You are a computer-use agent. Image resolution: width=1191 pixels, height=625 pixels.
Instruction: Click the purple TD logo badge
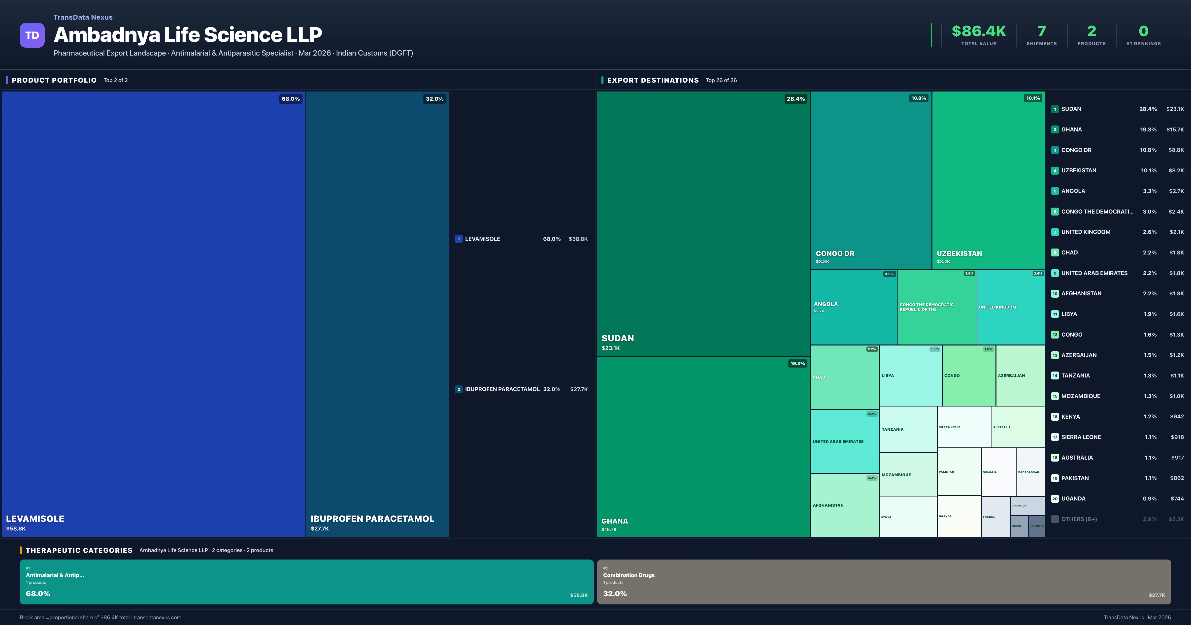32,35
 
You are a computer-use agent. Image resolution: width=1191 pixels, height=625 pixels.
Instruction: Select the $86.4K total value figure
978,31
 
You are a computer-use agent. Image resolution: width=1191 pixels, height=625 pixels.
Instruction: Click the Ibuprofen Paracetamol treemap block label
372,519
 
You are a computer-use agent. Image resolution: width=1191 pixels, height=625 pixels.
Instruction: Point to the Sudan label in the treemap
617,338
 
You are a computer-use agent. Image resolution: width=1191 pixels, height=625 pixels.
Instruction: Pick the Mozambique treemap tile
908,475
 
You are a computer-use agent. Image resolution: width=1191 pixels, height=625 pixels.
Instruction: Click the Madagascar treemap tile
1030,472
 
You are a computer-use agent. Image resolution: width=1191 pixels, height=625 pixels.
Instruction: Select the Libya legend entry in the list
1069,314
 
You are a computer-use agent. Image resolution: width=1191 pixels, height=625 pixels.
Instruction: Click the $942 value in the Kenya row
1177,416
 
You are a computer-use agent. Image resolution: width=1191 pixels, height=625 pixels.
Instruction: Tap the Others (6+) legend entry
1079,519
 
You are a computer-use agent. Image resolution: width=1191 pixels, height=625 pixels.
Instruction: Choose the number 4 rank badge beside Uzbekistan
1055,171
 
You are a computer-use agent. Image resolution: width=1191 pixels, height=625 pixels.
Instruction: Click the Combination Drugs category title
628,575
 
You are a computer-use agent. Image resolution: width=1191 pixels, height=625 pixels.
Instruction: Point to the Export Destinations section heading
652,80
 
